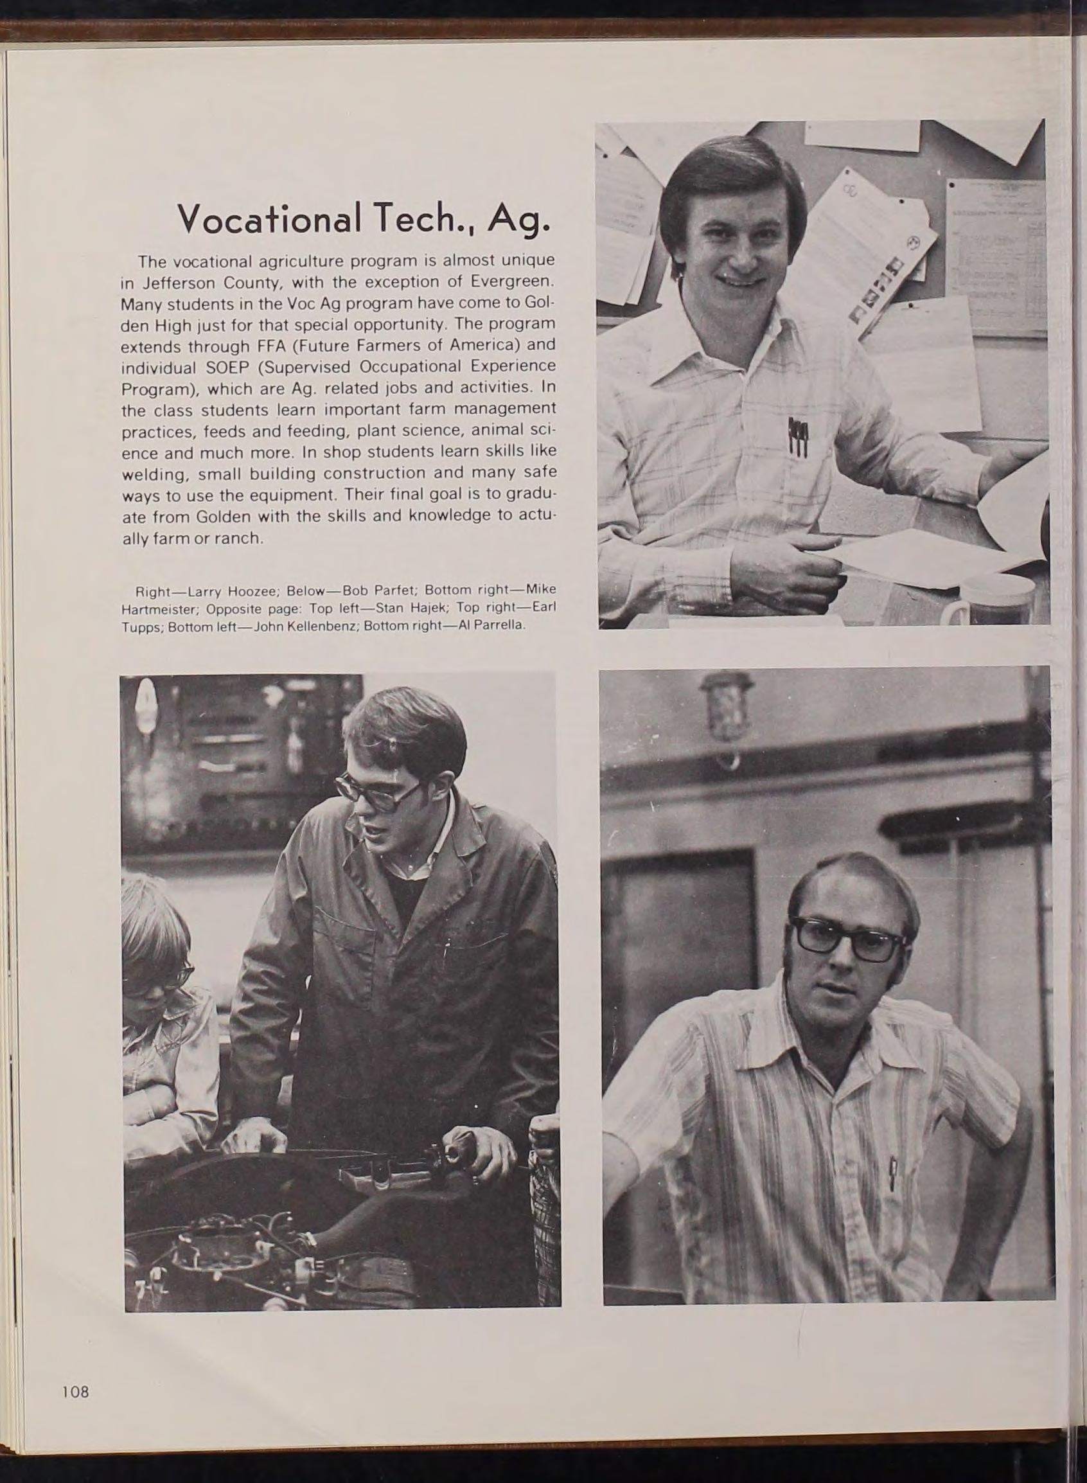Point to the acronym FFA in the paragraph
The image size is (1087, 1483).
[264, 345]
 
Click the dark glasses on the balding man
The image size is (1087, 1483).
[848, 938]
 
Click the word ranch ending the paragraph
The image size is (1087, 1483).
[242, 538]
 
